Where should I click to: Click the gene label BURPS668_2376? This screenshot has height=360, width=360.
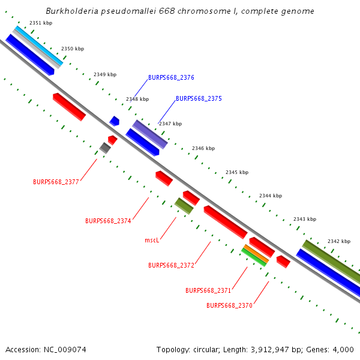[x=171, y=78]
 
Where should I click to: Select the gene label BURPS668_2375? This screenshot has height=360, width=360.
[x=199, y=98]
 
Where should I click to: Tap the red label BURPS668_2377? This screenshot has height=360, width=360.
[x=56, y=182]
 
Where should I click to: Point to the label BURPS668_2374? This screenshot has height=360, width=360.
[x=108, y=221]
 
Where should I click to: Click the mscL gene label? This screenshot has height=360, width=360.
[x=152, y=241]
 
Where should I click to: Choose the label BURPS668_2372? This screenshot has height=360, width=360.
[x=171, y=265]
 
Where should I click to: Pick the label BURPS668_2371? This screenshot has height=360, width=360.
[x=208, y=290]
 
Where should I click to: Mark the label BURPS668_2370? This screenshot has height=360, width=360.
[x=229, y=305]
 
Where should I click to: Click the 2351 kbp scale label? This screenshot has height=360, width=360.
[x=41, y=23]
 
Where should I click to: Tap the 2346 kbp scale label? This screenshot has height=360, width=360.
[x=203, y=148]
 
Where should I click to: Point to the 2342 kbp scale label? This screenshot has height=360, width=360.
[x=339, y=241]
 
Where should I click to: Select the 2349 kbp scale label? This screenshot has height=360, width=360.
[x=105, y=74]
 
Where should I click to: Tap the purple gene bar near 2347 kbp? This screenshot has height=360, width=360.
[x=150, y=134]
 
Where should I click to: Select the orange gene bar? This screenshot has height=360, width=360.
[x=256, y=254]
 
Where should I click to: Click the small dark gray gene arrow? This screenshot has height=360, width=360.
[x=105, y=148]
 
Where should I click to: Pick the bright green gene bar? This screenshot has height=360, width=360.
[x=254, y=257]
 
